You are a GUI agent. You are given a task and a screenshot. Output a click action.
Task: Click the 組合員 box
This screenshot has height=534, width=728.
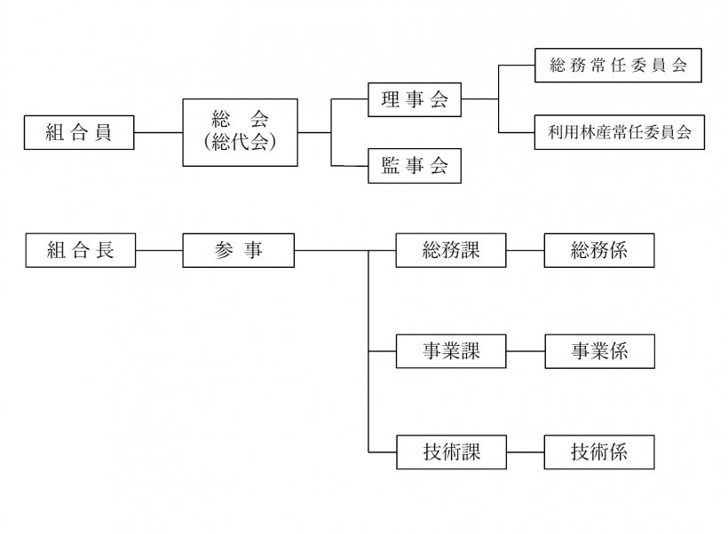point(80,134)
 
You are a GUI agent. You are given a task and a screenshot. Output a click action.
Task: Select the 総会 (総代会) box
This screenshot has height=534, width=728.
point(241,133)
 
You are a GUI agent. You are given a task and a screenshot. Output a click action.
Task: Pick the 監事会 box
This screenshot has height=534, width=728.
point(415,166)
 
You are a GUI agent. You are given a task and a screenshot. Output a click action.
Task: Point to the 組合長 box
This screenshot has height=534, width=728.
point(80,250)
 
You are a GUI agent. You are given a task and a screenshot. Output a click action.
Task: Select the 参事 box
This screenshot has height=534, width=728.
point(238,250)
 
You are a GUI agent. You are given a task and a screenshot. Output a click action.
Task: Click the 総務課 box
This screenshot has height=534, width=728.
point(451,250)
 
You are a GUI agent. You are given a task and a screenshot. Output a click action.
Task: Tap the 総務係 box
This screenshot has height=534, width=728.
point(599,250)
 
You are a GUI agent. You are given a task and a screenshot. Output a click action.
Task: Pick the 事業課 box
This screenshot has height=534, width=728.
point(451,351)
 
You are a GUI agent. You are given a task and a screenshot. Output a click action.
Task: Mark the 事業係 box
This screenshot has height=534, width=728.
point(599,351)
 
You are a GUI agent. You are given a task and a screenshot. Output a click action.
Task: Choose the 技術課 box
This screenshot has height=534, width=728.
point(451,452)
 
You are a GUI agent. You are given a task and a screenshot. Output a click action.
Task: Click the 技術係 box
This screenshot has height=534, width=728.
point(599,452)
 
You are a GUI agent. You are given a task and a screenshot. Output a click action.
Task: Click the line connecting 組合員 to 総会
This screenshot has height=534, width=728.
point(160,134)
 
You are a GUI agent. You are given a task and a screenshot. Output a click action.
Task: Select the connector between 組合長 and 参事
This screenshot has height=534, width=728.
point(160,250)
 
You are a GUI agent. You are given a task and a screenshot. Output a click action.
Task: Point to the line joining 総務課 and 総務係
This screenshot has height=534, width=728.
point(525,250)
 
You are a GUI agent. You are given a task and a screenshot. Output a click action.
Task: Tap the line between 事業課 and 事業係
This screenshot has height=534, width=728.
point(525,351)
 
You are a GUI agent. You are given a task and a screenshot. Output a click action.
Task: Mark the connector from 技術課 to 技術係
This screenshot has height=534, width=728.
point(525,452)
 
